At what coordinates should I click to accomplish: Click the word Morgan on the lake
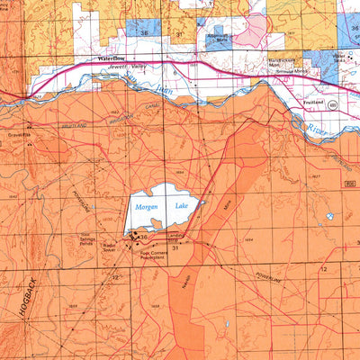[x=145, y=207]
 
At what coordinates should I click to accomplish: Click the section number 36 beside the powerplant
[x=143, y=237]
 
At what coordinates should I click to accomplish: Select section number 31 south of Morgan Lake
[x=175, y=248]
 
